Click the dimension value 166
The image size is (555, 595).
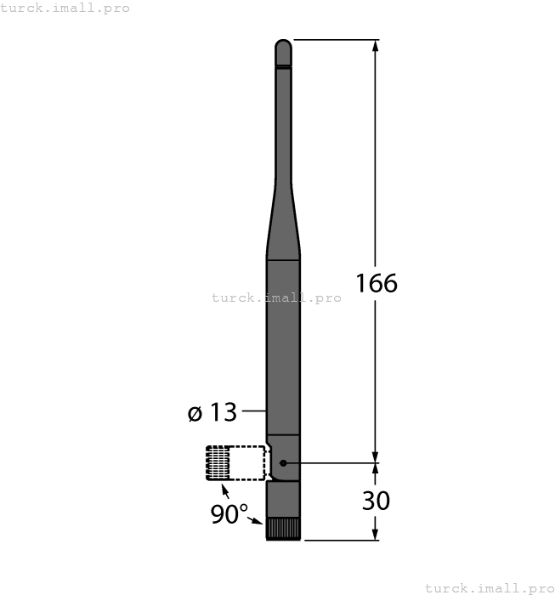pyautogui.click(x=376, y=283)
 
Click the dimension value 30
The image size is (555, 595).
pyautogui.click(x=376, y=501)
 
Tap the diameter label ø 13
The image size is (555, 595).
pyautogui.click(x=212, y=413)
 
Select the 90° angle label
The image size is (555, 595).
pyautogui.click(x=229, y=514)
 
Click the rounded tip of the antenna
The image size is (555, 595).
pyautogui.click(x=283, y=46)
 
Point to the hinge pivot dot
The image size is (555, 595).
pyautogui.click(x=284, y=463)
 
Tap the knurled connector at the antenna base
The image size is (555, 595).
pyautogui.click(x=283, y=529)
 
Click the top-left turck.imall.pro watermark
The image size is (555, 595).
pyautogui.click(x=65, y=8)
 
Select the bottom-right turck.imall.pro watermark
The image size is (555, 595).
pyautogui.click(x=489, y=587)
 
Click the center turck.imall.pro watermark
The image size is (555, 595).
pyautogui.click(x=276, y=297)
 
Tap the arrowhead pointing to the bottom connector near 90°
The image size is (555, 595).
pyautogui.click(x=260, y=521)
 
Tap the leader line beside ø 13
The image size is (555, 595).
pyautogui.click(x=254, y=413)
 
